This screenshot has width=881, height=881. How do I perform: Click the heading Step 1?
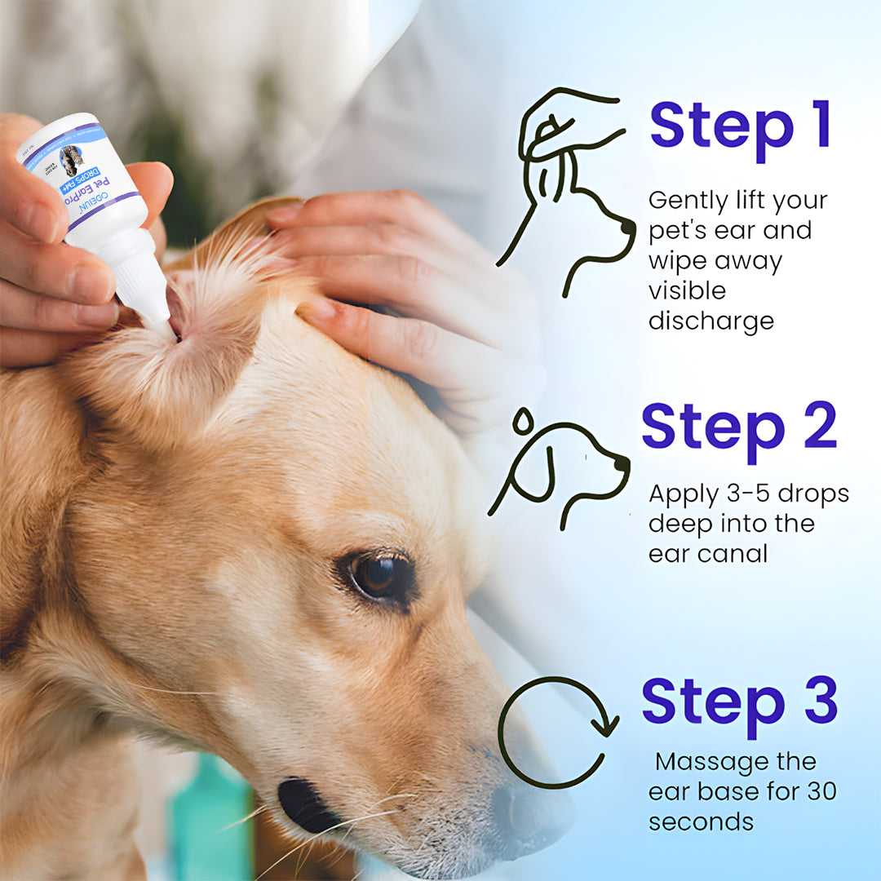(x=740, y=126)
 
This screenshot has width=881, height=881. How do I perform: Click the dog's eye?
(x=376, y=576)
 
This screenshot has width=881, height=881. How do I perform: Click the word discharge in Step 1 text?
(x=711, y=321)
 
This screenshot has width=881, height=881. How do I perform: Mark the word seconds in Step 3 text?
(x=701, y=821)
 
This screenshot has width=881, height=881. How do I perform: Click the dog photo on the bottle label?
(x=72, y=159)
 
